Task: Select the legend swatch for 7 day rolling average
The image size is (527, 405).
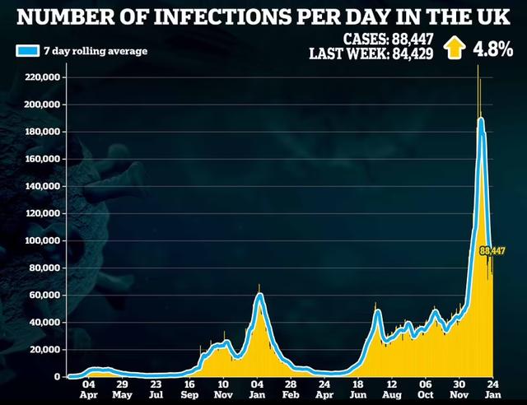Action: click(26, 50)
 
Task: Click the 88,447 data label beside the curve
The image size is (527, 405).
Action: click(492, 250)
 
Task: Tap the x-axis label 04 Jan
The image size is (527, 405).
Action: click(258, 389)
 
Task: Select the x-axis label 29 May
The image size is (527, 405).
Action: click(121, 389)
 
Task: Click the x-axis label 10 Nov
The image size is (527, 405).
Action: click(223, 389)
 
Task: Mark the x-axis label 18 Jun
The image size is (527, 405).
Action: click(357, 389)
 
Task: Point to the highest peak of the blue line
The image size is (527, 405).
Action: click(480, 120)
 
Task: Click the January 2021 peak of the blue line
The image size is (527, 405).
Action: click(259, 295)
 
